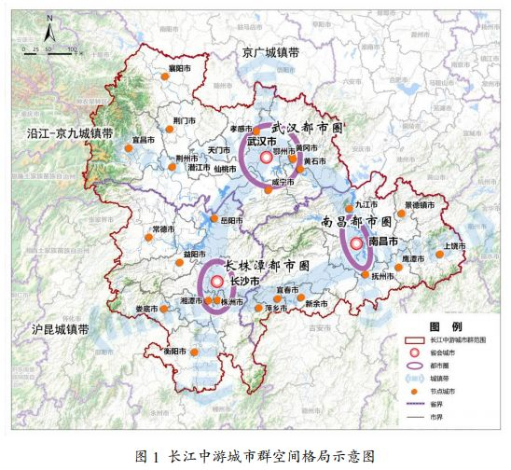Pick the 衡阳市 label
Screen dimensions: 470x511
tap(176, 351)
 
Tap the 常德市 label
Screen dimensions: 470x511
tap(164, 228)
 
